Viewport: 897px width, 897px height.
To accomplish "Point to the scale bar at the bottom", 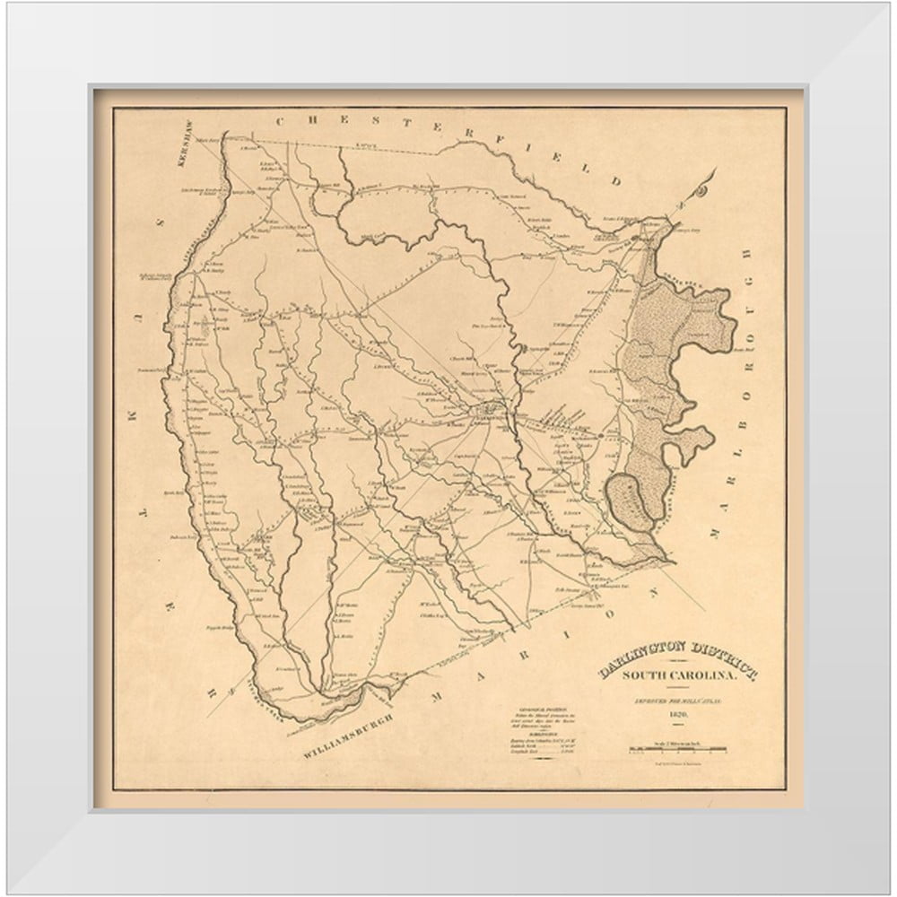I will click(x=678, y=749).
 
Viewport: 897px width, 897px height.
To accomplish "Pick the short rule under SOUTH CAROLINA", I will click(x=677, y=686).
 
